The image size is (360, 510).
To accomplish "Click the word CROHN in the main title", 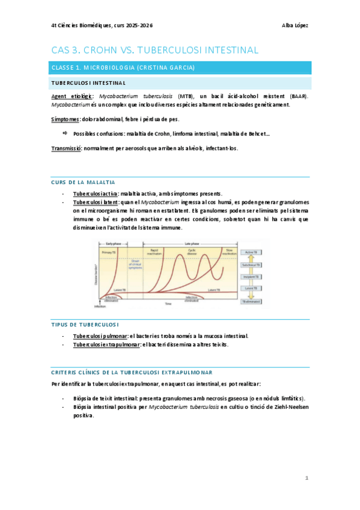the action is click(x=109, y=50).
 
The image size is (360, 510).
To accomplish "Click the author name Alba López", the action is click(x=295, y=25).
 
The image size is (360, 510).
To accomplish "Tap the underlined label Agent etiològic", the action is click(x=72, y=96).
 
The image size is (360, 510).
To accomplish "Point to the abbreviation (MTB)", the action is click(x=186, y=96).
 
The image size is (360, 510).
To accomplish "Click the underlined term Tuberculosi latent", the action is click(x=96, y=202).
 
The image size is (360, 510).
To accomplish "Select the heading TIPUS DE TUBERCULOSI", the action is click(x=85, y=324).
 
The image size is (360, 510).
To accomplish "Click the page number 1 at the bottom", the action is click(x=307, y=478).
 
